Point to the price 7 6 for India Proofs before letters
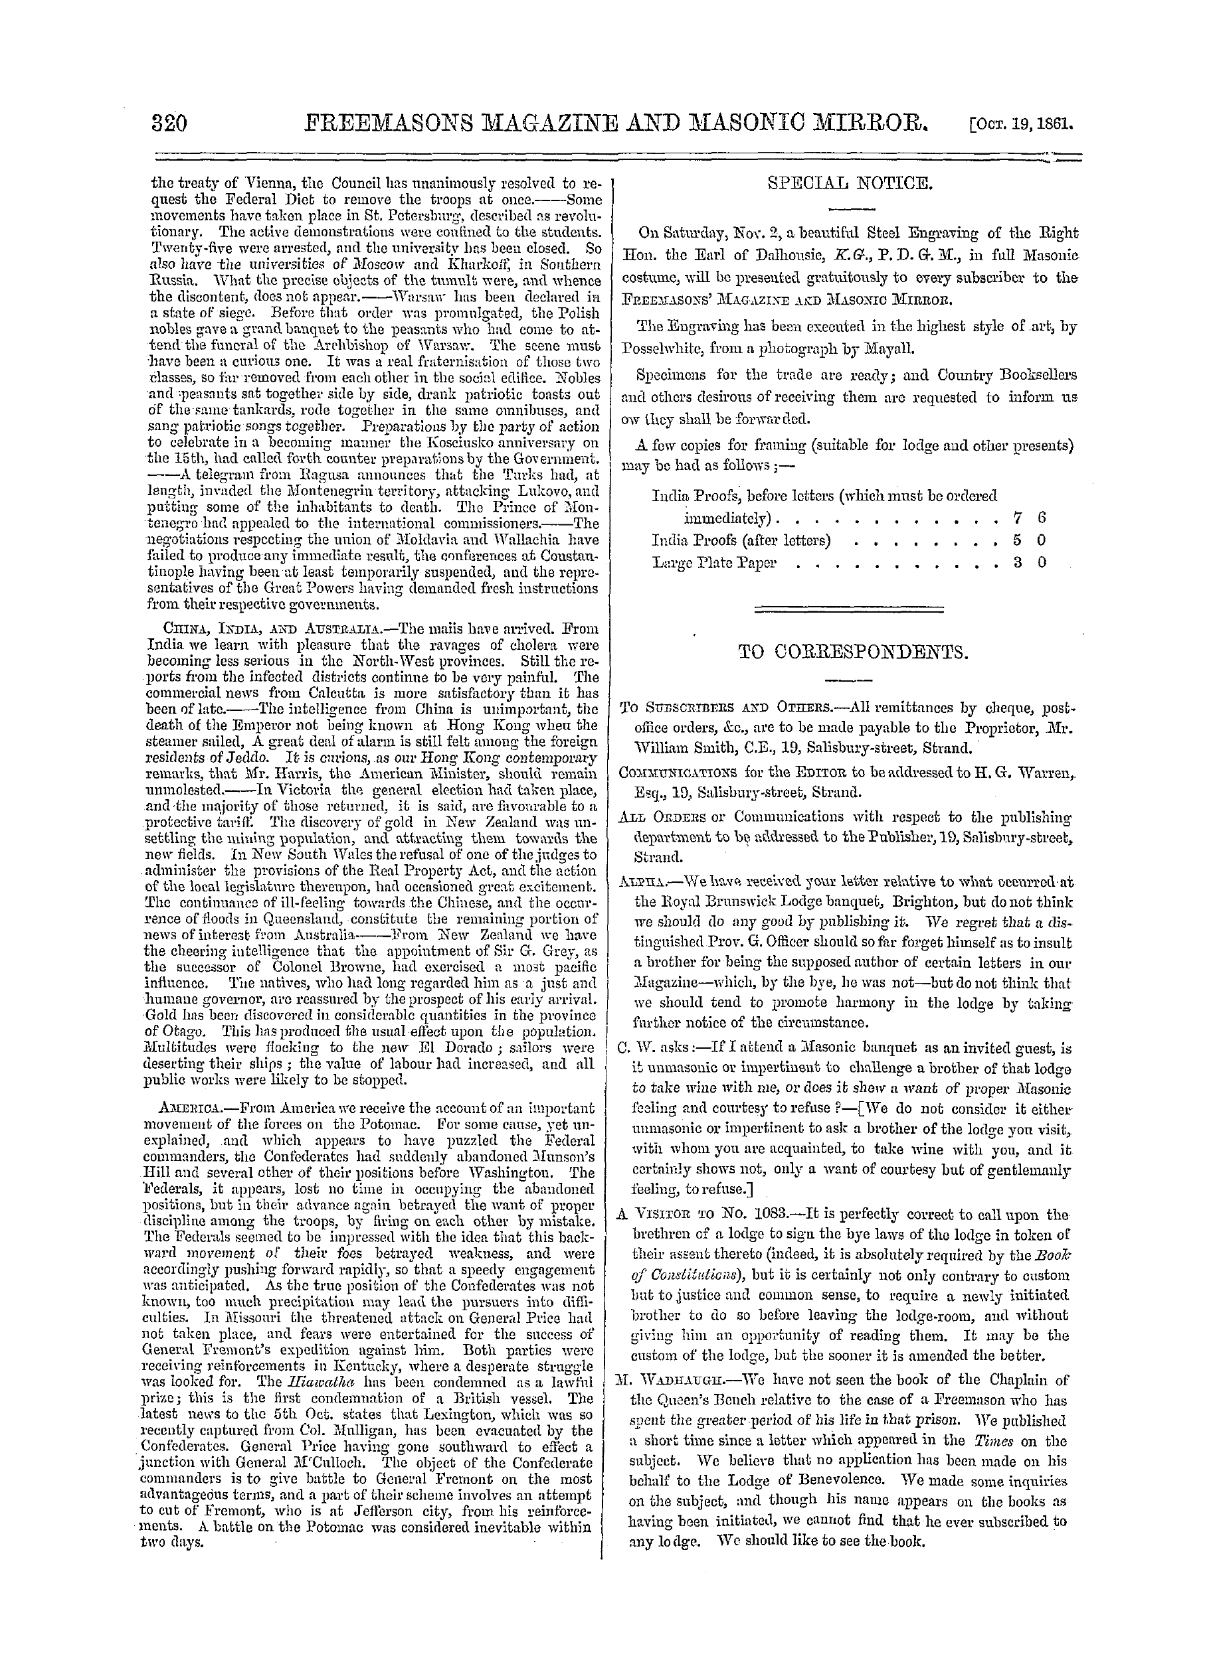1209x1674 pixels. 1030,518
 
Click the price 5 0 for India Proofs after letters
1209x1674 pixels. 1030,540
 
